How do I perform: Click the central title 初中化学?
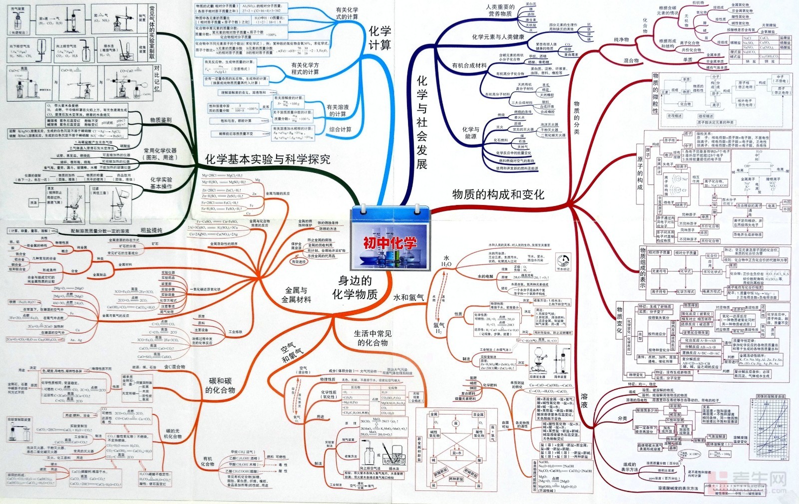[x=390, y=243]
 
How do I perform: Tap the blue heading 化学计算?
[x=379, y=38]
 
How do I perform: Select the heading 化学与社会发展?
[x=422, y=122]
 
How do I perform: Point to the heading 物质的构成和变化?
[x=498, y=194]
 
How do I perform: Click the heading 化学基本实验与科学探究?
[x=268, y=159]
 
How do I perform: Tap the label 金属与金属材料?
[x=296, y=295]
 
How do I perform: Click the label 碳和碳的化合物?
[x=220, y=385]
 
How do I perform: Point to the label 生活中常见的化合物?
[x=373, y=338]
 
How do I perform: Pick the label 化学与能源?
[x=470, y=132]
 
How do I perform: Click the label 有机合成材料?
[x=469, y=65]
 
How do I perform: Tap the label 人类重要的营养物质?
[x=500, y=10]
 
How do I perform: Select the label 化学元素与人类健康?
[x=498, y=37]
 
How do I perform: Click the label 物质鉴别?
[x=160, y=120]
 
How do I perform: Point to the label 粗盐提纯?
[x=151, y=230]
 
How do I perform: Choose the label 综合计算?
[x=340, y=129]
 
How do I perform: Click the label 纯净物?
[x=621, y=39]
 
